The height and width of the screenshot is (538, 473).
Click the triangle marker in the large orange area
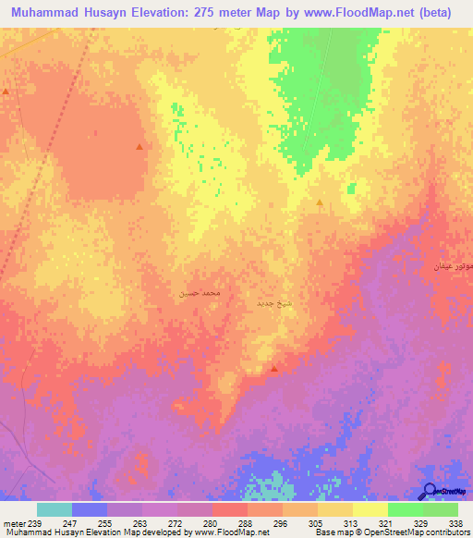coord(139,147)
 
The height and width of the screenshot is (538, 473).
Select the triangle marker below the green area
coord(320,202)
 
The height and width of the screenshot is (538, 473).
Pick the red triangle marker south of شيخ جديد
coord(274,369)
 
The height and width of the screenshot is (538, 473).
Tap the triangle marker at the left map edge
coord(6,92)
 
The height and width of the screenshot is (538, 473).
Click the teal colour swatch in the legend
coord(55,509)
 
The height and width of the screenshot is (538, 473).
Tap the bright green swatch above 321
coord(405,509)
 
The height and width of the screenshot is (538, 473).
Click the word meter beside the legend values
coord(13,522)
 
